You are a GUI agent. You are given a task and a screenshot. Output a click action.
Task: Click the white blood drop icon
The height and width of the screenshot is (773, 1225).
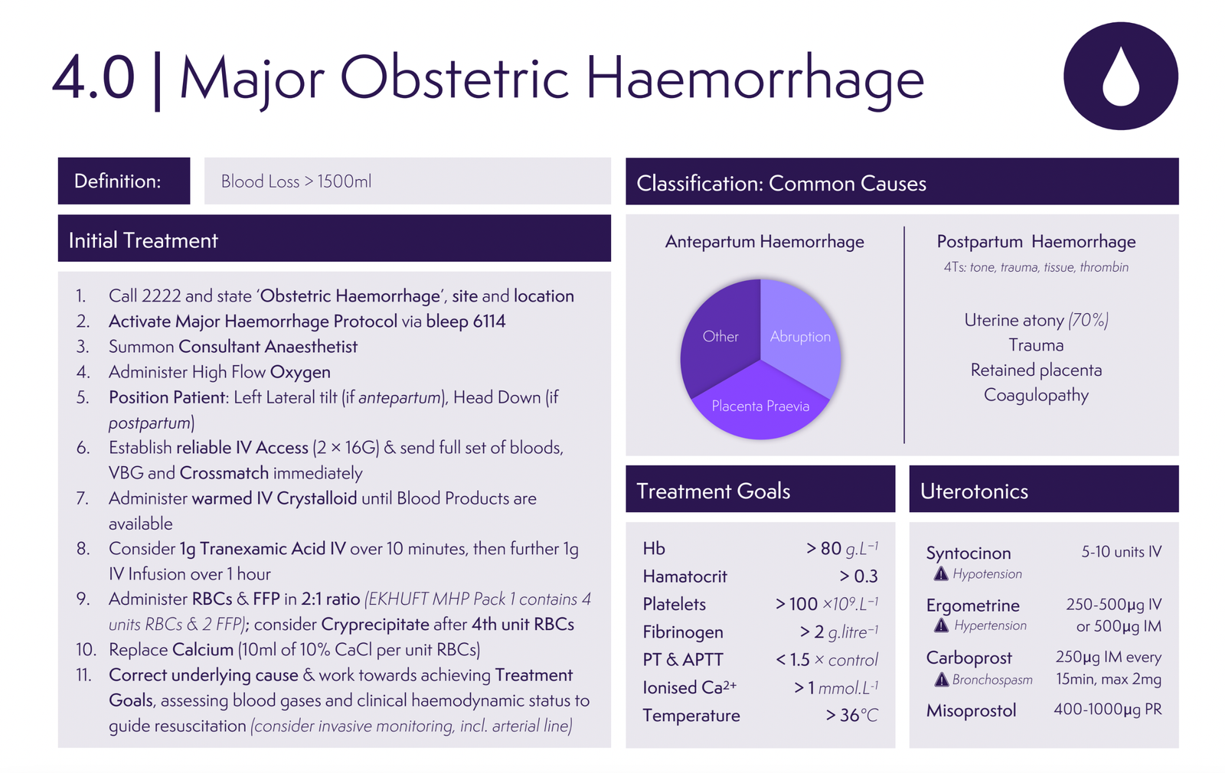(1120, 77)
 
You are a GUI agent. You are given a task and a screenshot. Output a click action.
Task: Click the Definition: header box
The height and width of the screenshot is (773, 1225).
(123, 181)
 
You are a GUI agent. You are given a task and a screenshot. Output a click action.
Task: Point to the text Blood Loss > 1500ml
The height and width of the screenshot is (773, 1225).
(296, 181)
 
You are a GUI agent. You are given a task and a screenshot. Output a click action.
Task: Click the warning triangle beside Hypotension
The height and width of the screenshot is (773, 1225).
(941, 573)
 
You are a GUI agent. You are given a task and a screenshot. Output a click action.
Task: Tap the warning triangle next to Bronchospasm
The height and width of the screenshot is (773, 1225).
(941, 679)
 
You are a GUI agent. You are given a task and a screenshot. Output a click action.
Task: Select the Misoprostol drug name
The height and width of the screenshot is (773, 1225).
(971, 710)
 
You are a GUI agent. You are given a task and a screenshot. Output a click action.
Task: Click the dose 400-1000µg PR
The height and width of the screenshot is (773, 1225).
(1107, 709)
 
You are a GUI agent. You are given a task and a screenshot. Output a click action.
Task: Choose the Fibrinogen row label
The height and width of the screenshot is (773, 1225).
(682, 632)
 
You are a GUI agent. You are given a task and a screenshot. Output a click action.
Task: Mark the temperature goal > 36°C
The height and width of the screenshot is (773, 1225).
(851, 715)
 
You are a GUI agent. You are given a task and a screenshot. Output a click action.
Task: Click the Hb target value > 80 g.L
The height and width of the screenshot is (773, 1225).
(841, 548)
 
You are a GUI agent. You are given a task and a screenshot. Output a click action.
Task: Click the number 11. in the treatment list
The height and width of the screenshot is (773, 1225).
(83, 675)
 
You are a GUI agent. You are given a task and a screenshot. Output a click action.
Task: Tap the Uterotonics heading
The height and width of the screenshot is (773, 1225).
(974, 491)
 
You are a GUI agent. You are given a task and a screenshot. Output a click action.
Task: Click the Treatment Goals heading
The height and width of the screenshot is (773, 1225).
(713, 491)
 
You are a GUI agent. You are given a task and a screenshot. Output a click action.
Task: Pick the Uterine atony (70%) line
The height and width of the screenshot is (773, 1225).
(1036, 320)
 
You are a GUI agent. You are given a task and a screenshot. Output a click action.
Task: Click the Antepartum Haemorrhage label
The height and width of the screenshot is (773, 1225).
(764, 242)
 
